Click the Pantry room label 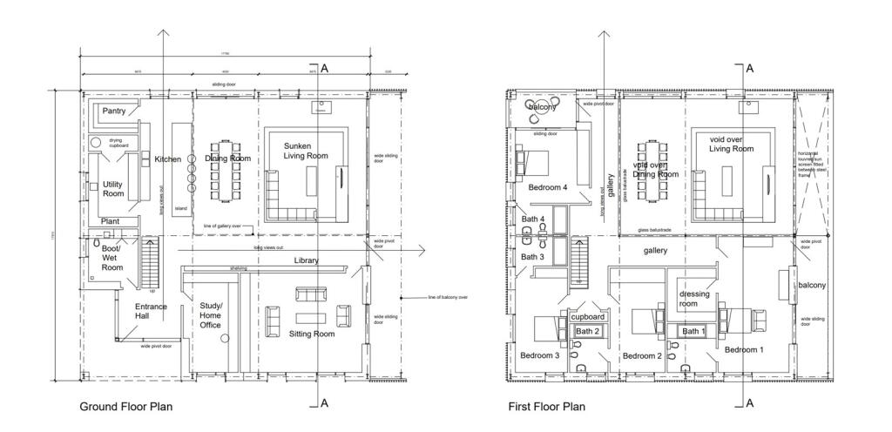114,111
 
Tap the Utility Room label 114,190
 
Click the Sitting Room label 312,334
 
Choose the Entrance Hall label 150,312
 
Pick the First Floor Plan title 546,407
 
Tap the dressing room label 694,299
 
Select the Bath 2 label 587,332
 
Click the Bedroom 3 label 539,356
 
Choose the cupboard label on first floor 588,318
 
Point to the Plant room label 110,222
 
